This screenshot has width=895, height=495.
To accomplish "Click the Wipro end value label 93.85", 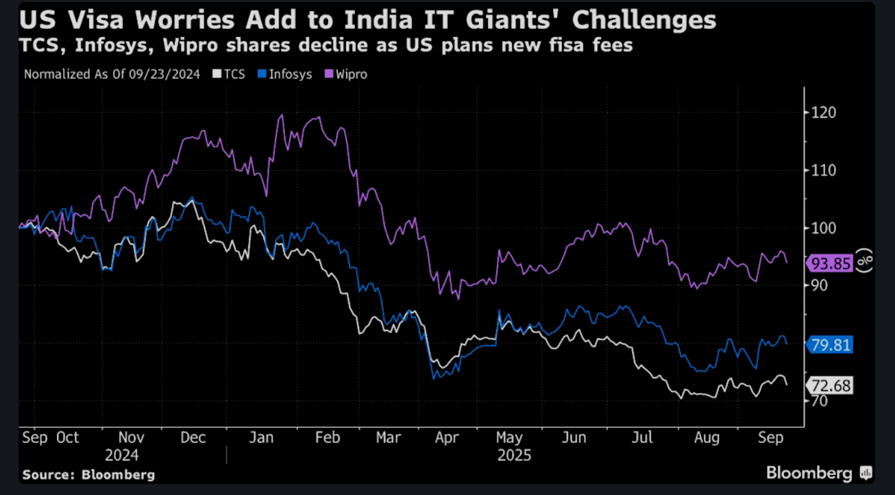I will click(831, 264).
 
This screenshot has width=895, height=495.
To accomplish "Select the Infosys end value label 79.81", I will click(831, 344).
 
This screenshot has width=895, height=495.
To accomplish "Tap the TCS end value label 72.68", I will click(831, 386).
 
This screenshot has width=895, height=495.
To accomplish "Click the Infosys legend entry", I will click(286, 74).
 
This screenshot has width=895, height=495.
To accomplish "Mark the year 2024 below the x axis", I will click(122, 455).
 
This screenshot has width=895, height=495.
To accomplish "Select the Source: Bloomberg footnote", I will click(88, 474).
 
